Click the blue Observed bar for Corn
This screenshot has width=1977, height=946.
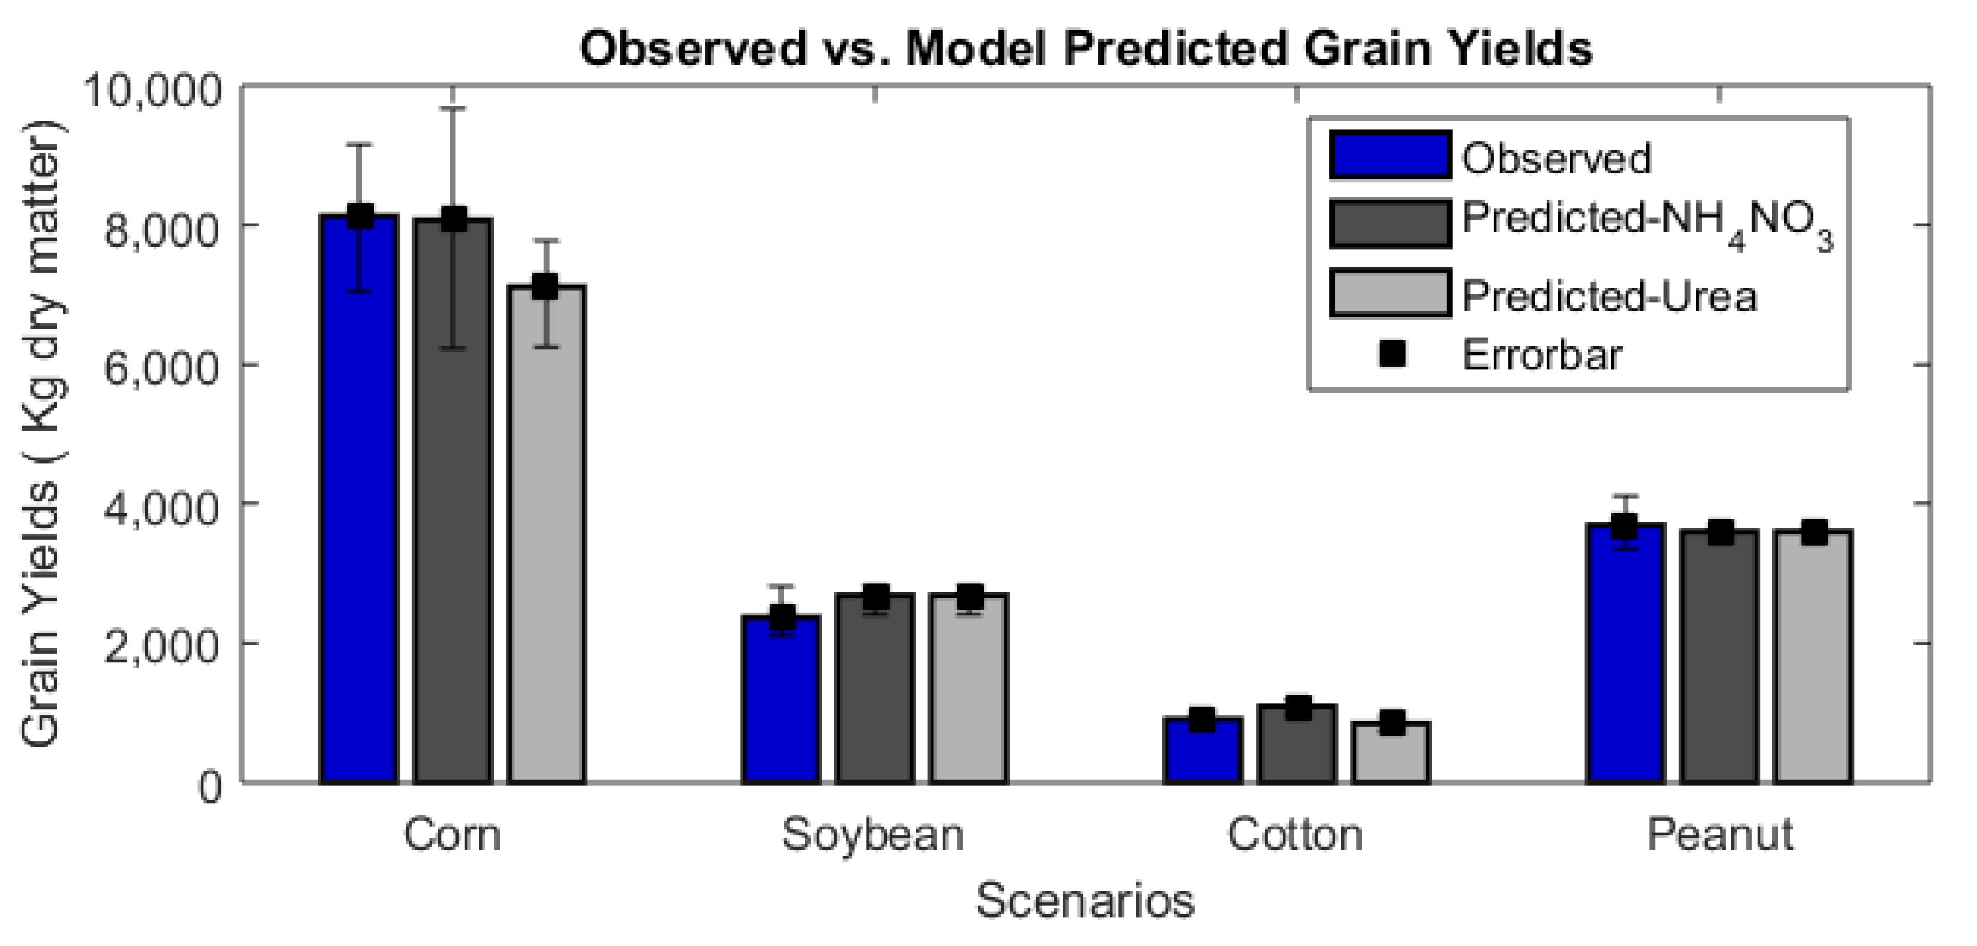pos(359,499)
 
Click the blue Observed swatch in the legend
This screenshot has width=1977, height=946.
pos(1390,156)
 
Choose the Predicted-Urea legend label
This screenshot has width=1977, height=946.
pos(1609,296)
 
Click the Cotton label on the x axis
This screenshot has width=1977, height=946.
pos(1296,835)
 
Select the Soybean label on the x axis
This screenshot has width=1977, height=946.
pos(873,835)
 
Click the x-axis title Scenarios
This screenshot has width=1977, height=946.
pos(1085,900)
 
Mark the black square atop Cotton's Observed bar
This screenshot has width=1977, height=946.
pos(1202,720)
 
